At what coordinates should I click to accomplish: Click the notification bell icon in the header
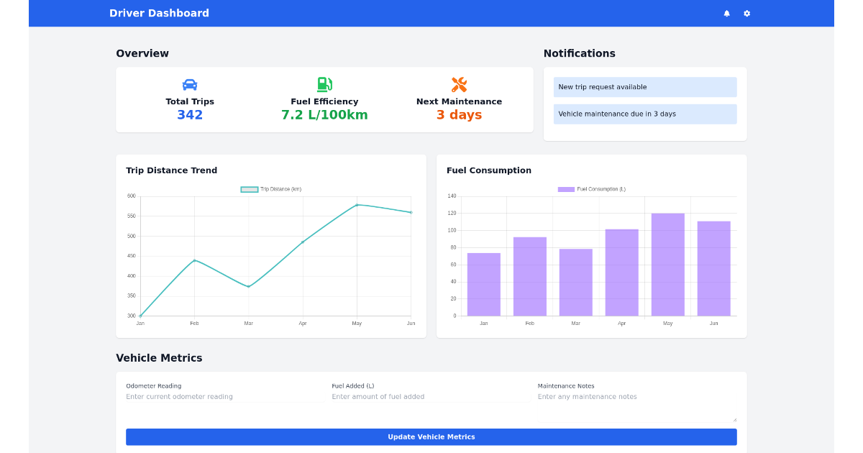tap(726, 14)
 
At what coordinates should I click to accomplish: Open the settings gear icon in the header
tap(746, 14)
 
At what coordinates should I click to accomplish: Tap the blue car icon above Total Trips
tap(190, 85)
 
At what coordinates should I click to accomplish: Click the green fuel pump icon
tap(324, 85)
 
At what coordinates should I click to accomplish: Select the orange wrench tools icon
tap(459, 85)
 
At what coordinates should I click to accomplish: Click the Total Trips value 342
tap(190, 115)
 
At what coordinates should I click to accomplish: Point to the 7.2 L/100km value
tap(324, 115)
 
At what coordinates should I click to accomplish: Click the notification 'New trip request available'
tap(644, 87)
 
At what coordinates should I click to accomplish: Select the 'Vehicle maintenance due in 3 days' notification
tap(644, 114)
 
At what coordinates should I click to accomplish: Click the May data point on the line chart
tap(357, 205)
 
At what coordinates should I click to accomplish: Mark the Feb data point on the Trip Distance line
tap(194, 260)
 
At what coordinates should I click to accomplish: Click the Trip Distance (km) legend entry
tap(271, 189)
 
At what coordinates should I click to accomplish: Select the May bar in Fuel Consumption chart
tap(667, 265)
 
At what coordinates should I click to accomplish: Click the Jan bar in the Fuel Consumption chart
tap(483, 284)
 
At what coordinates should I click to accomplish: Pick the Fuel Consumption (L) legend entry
tap(592, 189)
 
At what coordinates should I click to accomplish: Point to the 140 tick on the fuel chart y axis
tap(452, 196)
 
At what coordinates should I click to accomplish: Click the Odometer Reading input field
tap(224, 397)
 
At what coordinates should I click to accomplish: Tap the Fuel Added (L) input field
tap(429, 397)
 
